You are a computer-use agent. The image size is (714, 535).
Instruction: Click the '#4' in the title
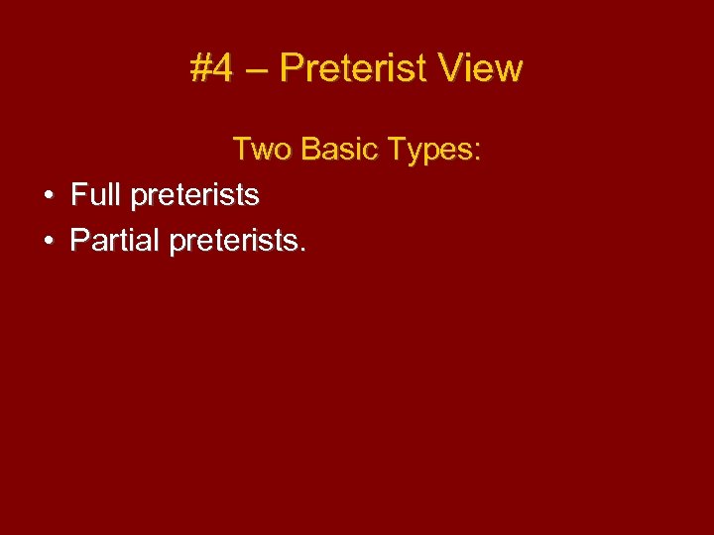212,68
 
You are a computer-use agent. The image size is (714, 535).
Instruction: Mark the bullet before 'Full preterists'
49,195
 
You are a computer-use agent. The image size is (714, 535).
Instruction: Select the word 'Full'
94,194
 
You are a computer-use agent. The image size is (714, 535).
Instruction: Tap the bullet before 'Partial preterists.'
49,241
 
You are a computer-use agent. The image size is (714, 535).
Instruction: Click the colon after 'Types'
478,153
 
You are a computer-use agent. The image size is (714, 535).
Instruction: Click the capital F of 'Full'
78,194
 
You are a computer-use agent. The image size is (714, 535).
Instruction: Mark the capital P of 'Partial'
78,240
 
